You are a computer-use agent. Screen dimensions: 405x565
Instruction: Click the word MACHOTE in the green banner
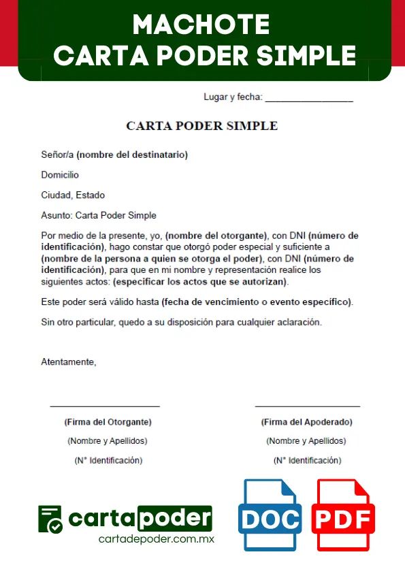pos(201,25)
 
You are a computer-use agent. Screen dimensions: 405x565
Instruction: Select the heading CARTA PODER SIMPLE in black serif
pos(202,126)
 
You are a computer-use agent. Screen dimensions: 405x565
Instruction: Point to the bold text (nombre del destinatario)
pos(132,155)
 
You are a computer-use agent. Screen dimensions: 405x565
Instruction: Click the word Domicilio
pos(60,175)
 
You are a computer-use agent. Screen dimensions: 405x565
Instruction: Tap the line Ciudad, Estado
pos(73,195)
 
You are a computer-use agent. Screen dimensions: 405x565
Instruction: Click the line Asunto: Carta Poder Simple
pos(99,216)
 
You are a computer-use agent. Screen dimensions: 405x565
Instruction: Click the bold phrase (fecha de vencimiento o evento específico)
pos(257,302)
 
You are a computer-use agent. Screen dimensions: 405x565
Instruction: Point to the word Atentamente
pos(69,362)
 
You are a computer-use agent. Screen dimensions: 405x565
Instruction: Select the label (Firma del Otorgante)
pos(108,422)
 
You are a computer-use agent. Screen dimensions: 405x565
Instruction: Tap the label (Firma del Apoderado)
pos(306,422)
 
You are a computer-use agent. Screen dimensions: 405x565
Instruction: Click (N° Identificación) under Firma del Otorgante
pos(108,461)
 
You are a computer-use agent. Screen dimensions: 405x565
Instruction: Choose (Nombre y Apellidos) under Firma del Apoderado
pos(306,441)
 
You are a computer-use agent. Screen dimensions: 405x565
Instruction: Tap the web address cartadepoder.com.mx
pos(157,540)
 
